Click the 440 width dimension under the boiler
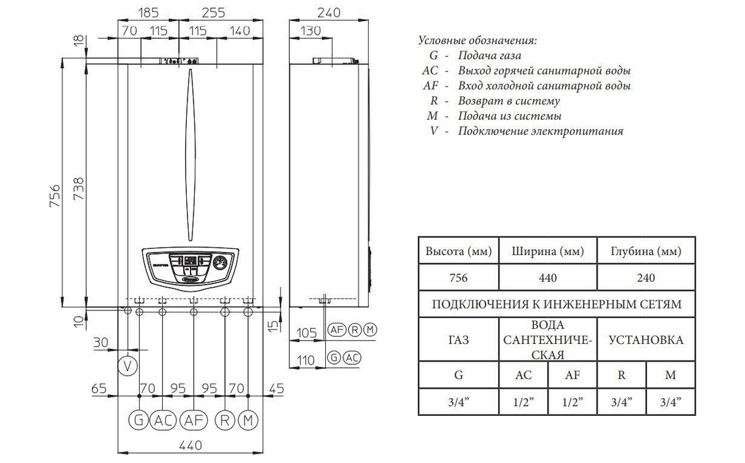coord(191,446)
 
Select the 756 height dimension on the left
coord(55,196)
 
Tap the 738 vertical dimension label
coord(79,189)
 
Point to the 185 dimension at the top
coord(148,12)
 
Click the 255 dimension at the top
coord(214,12)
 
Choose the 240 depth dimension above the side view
coord(328,12)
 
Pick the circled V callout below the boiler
coord(128,366)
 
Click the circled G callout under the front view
coord(138,420)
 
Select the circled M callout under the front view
coord(248,420)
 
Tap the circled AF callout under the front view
coord(194,420)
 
